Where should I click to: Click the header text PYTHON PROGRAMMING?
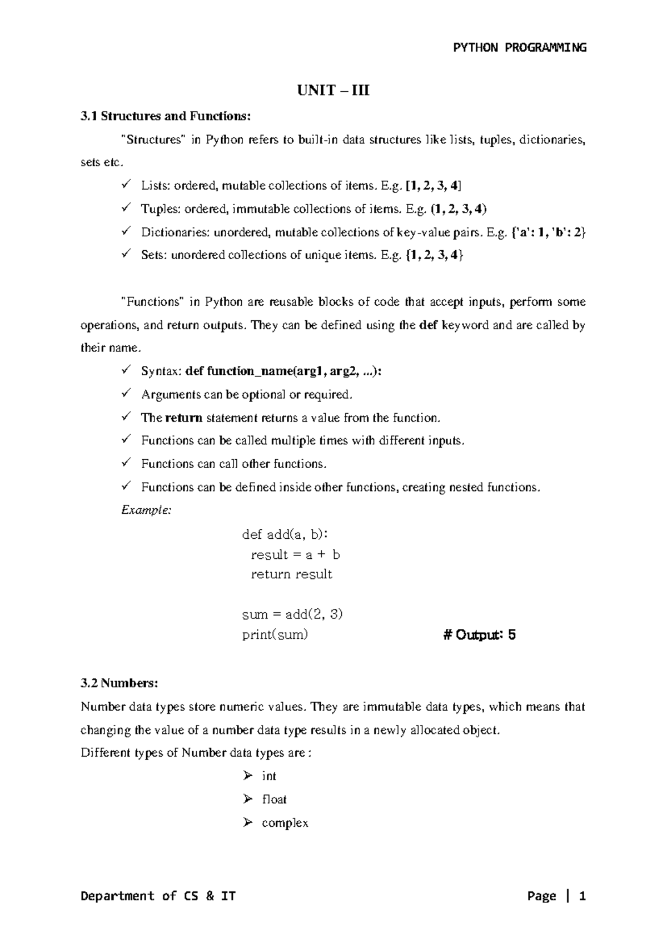pos(520,47)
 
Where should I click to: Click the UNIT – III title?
pos(333,90)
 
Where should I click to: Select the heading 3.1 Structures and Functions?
pos(166,116)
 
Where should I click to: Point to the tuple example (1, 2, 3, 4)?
pos(459,209)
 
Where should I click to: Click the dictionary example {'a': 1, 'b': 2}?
pos(547,232)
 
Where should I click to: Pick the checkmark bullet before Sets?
pos(126,255)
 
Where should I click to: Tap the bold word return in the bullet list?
pos(183,418)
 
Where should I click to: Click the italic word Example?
pos(146,510)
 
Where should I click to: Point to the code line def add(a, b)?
pos(285,535)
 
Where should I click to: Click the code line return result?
pos(291,574)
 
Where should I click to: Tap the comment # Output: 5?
pos(479,635)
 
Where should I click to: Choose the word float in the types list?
pos(274,800)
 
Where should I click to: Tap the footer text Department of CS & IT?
pos(158,896)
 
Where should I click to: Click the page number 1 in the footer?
pos(582,896)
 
